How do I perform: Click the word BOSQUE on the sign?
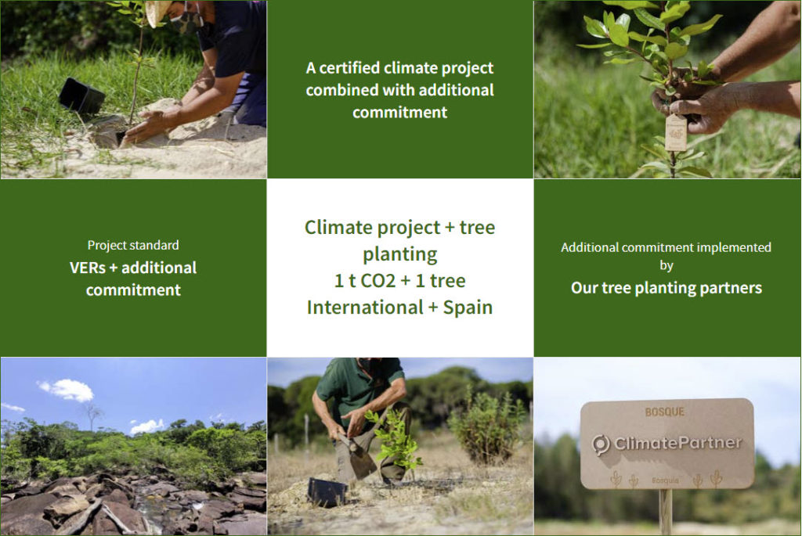point(664,412)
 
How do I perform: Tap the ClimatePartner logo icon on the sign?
point(601,444)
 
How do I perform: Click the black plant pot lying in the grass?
point(81,95)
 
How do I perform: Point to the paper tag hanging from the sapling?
point(676,132)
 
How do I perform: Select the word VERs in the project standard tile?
point(88,268)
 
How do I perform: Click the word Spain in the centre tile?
point(468,307)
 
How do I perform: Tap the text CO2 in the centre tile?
point(378,280)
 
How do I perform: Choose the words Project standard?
point(133,245)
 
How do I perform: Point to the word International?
point(365,307)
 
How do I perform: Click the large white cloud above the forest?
point(67,390)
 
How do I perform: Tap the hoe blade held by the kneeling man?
point(362,459)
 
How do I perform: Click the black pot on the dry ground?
point(327,492)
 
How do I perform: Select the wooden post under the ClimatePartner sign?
point(666,512)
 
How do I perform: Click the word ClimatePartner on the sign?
point(677,443)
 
